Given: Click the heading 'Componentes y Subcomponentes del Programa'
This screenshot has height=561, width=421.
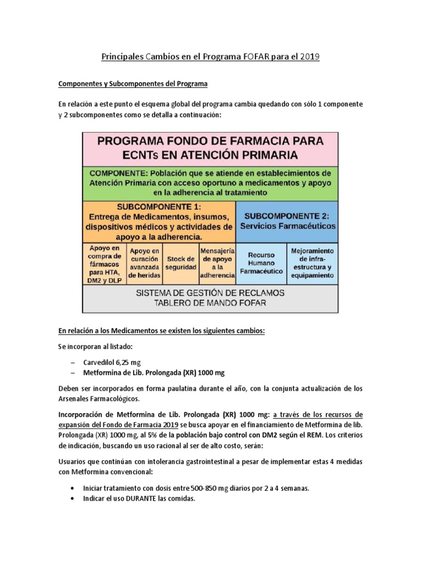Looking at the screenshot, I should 133,84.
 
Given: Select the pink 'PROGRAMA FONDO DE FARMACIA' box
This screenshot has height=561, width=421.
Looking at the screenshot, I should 210,148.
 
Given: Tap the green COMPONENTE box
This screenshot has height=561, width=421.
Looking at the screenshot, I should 210,182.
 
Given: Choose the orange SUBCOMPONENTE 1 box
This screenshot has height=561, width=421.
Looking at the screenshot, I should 158,222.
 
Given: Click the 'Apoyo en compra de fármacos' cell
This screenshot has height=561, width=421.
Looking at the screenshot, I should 104,264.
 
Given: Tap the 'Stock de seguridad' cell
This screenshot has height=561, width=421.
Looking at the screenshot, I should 181,264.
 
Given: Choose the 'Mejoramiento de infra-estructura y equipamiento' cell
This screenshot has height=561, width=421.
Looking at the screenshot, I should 312,264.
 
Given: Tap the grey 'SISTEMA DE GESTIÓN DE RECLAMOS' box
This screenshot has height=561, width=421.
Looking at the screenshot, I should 210,298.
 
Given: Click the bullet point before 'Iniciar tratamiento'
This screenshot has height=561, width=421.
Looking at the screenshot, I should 72,488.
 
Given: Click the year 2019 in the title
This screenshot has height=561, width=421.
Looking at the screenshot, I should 309,56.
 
